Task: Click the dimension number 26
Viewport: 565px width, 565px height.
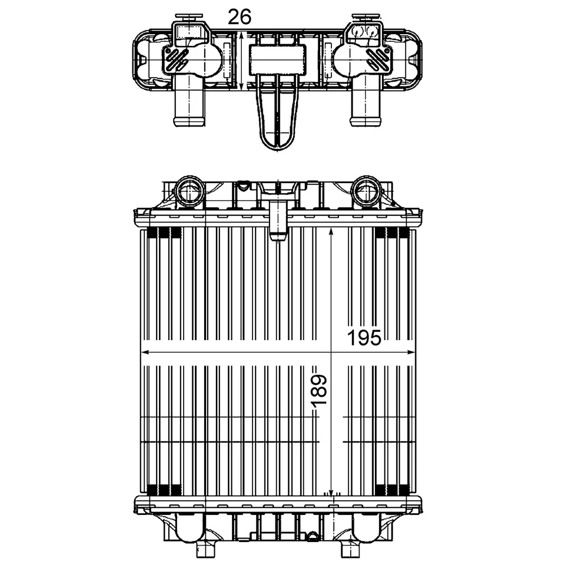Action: (x=240, y=18)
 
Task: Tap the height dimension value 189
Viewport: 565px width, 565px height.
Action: (x=318, y=390)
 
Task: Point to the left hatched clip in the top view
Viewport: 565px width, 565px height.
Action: (x=176, y=58)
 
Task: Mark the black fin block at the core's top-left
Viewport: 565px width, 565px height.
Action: (x=163, y=232)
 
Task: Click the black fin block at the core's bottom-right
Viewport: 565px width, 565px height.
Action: (x=391, y=489)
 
